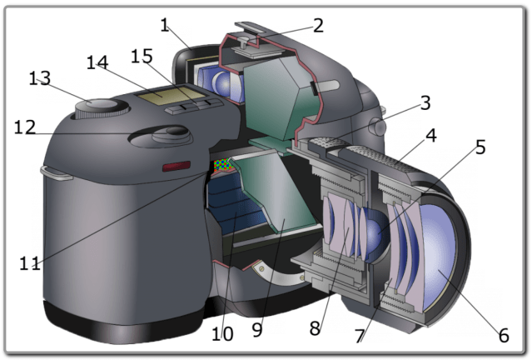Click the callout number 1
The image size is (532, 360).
(165, 25)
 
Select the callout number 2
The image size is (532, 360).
(317, 24)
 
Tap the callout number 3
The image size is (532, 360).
(425, 103)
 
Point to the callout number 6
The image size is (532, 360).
(503, 336)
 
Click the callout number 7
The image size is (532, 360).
(360, 336)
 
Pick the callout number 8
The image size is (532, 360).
(315, 328)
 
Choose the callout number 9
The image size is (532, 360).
(256, 330)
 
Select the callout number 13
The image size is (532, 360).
(39, 78)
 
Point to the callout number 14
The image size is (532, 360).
(97, 62)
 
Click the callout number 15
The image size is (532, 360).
(142, 55)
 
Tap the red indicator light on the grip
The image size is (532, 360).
(176, 167)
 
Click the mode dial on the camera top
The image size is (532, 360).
(99, 107)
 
